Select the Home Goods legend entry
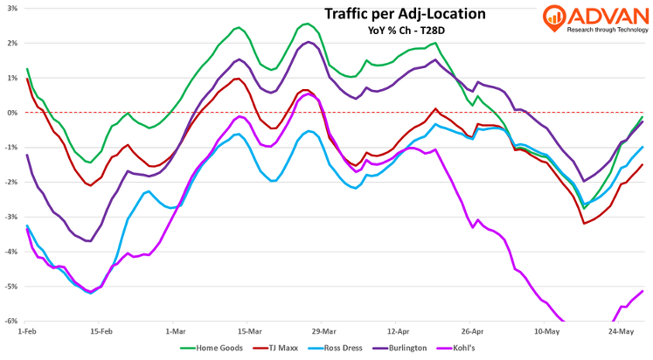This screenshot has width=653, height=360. pos(215,348)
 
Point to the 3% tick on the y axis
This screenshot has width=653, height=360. pos(11,8)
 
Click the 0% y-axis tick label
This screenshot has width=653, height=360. pos(11,113)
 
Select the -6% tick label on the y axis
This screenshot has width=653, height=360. pos(10,321)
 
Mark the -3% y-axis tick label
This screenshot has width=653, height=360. pos(10,217)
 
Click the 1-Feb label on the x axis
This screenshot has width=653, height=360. pos(27,331)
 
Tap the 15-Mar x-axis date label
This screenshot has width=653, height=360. pos(250,331)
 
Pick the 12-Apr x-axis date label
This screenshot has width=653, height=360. pos(398,331)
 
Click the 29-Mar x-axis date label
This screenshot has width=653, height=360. pos(323,331)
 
